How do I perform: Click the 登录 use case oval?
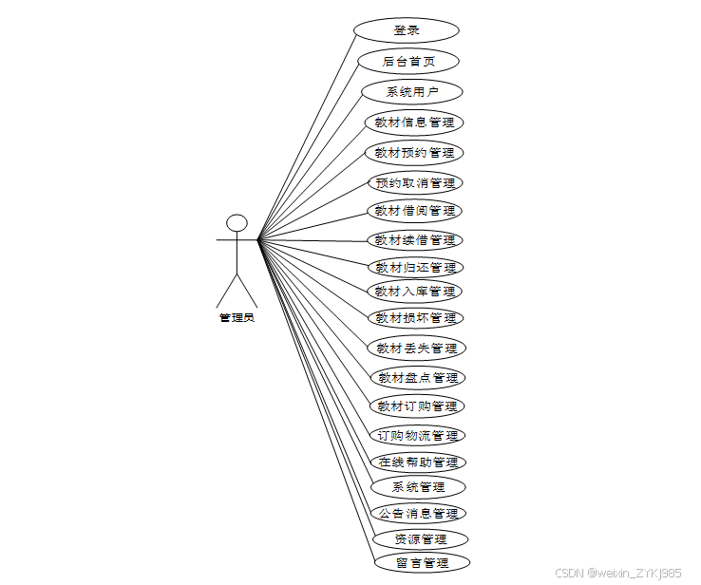pyautogui.click(x=407, y=29)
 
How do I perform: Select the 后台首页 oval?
pyautogui.click(x=408, y=61)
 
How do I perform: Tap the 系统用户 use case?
pyautogui.click(x=412, y=92)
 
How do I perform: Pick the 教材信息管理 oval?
pyautogui.click(x=414, y=123)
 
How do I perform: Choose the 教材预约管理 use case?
pyautogui.click(x=414, y=153)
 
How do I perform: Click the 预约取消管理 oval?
pyautogui.click(x=415, y=182)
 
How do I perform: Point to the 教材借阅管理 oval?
pyautogui.click(x=415, y=211)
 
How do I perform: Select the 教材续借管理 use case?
pyautogui.click(x=415, y=240)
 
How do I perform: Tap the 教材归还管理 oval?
pyautogui.click(x=415, y=267)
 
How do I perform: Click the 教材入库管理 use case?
pyautogui.click(x=415, y=292)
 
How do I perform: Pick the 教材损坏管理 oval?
pyautogui.click(x=415, y=318)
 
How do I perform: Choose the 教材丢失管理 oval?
pyautogui.click(x=417, y=349)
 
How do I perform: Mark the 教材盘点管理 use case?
pyautogui.click(x=418, y=378)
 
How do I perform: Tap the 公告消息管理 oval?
pyautogui.click(x=418, y=514)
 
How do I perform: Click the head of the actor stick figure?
pyautogui.click(x=237, y=223)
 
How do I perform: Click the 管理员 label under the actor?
pyautogui.click(x=237, y=317)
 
